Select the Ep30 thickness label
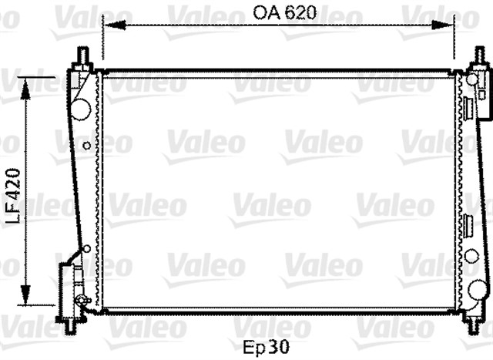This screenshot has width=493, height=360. click(266, 348)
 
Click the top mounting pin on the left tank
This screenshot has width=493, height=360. click(82, 56)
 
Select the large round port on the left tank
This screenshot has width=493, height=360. click(81, 109)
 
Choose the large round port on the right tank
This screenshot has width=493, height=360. click(478, 290)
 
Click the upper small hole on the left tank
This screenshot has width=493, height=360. click(87, 145)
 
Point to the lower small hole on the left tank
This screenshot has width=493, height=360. click(87, 248)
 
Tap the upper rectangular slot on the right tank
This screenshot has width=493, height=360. click(467, 108)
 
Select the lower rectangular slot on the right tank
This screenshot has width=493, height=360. click(467, 226)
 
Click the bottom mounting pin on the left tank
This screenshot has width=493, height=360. click(70, 325)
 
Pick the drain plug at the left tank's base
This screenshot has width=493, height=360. click(83, 299)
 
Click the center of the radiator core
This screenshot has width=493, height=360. click(279, 193)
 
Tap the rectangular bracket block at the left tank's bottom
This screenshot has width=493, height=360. click(68, 285)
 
